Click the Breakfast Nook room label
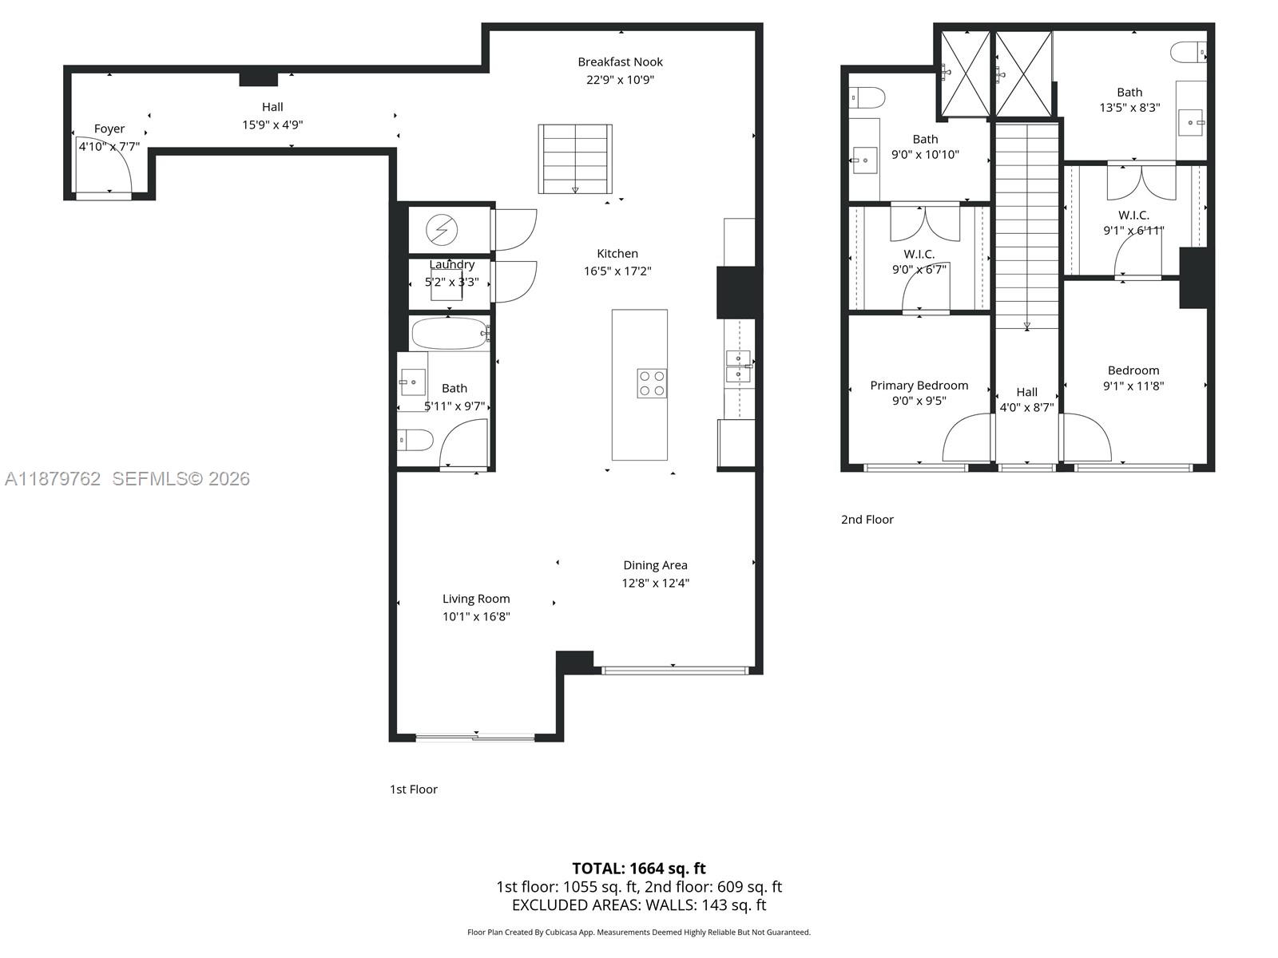(620, 62)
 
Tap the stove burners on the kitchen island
(652, 383)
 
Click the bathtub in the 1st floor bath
(449, 334)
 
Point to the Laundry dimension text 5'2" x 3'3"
(451, 282)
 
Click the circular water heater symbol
(441, 231)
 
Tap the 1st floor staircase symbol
(575, 159)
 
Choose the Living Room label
(476, 599)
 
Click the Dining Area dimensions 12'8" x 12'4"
(655, 583)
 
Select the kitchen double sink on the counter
(738, 366)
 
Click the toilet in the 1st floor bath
(415, 440)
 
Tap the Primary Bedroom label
(919, 386)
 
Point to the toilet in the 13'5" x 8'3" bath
(1190, 53)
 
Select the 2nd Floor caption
(867, 520)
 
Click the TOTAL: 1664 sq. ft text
(638, 869)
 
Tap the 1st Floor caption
(413, 790)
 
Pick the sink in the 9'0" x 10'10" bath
(863, 160)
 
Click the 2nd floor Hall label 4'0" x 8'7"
(1026, 399)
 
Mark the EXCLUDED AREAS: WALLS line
(638, 905)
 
